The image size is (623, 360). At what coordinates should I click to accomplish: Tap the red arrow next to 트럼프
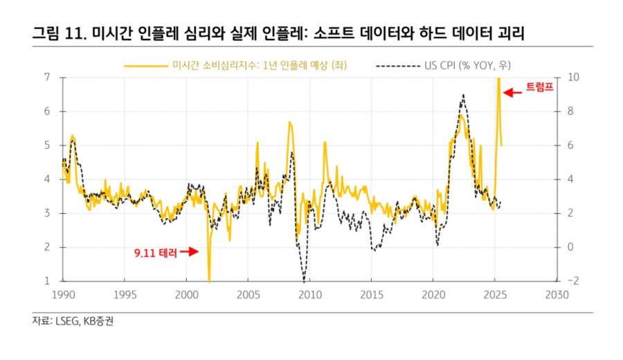pyautogui.click(x=513, y=92)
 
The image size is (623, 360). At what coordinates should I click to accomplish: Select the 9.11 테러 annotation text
pyautogui.click(x=156, y=253)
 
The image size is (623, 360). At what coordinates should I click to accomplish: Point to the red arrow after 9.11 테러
pyautogui.click(x=190, y=253)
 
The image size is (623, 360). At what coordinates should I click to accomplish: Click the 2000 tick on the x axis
pyautogui.click(x=186, y=294)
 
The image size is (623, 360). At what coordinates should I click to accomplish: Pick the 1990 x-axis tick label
pyautogui.click(x=63, y=294)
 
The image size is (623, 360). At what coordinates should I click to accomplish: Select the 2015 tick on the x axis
pyautogui.click(x=372, y=294)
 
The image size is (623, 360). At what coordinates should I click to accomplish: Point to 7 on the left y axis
pyautogui.click(x=47, y=77)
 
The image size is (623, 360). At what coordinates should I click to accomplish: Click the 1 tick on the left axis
pyautogui.click(x=47, y=281)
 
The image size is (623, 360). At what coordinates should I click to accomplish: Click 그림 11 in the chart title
pyautogui.click(x=59, y=33)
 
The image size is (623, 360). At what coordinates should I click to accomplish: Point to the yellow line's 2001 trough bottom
pyautogui.click(x=209, y=280)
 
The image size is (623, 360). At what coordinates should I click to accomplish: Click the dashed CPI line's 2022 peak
pyautogui.click(x=462, y=95)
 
